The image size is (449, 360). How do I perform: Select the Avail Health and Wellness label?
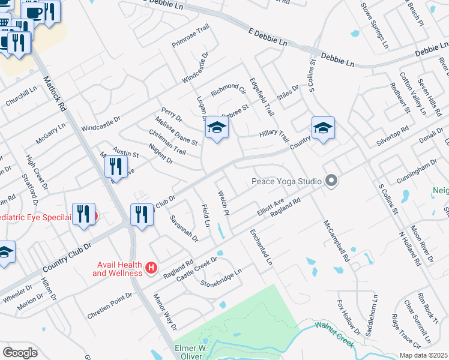coord(117,269)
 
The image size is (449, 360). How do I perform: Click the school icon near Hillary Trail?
coord(323,128)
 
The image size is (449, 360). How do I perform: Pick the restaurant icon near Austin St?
coord(116,166)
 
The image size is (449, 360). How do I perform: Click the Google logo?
coord(20,353)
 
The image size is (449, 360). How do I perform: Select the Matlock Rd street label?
coord(56,90)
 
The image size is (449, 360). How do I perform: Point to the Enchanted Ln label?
coord(261,247)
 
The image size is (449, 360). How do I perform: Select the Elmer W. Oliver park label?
coord(201,352)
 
